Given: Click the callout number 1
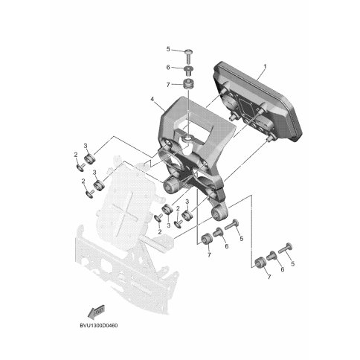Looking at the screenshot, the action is (265, 67).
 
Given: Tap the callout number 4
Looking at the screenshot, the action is (152, 99).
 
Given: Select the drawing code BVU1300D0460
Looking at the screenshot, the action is (99, 326).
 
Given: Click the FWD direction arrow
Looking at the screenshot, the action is (97, 312).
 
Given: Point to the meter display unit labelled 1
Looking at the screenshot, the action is (258, 102).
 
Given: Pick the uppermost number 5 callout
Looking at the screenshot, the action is (168, 49).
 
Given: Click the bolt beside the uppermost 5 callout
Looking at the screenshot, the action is (189, 57).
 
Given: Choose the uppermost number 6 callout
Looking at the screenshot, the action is (168, 67).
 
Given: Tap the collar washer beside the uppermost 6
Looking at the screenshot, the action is (189, 71).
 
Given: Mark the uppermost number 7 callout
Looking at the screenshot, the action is (168, 85).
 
